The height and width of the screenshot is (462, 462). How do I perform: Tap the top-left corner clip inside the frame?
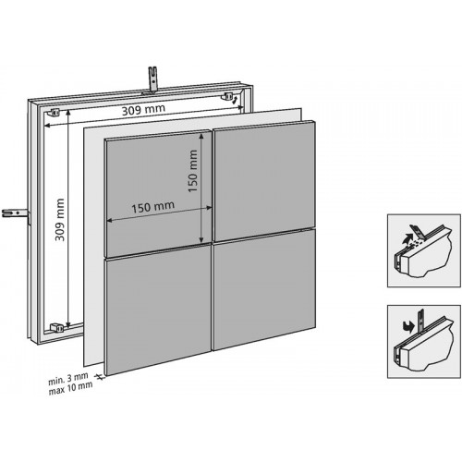tap(55, 111)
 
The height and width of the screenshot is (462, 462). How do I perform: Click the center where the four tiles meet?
tap(213, 251)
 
